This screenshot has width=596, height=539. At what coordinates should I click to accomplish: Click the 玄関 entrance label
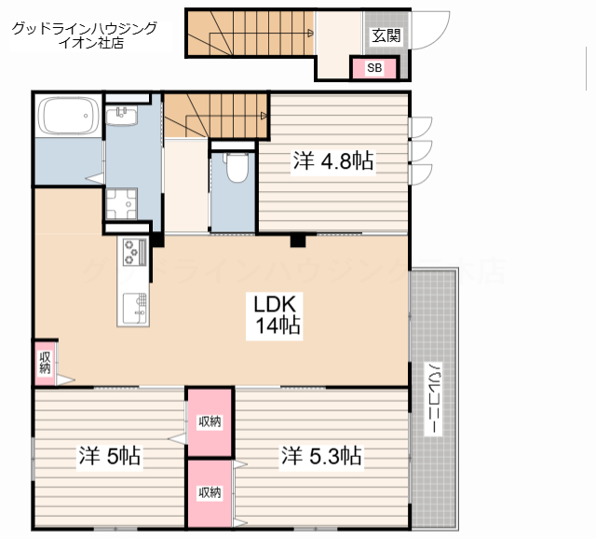[x=386, y=35]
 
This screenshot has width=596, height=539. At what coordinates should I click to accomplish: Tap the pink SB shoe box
[x=374, y=68]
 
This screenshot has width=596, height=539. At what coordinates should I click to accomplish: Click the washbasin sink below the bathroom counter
[x=121, y=116]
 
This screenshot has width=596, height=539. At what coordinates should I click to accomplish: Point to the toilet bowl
[x=237, y=168]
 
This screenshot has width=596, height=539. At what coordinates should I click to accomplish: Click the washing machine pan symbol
[x=121, y=204]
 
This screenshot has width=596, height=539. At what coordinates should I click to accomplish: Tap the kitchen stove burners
[x=134, y=252]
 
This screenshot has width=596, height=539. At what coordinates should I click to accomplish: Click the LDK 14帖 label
[x=275, y=315]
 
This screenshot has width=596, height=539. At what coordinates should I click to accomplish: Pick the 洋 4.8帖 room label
[x=333, y=160]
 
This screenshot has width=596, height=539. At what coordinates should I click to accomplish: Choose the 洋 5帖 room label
[x=110, y=455]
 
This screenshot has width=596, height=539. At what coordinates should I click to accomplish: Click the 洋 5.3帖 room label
[x=321, y=455]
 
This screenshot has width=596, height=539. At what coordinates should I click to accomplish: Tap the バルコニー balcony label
[x=433, y=398]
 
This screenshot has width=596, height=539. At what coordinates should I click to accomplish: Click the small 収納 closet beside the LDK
[x=45, y=363]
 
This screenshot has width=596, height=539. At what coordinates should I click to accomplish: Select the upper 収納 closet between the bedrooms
[x=210, y=422]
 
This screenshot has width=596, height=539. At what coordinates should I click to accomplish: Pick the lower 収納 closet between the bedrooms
[x=210, y=493]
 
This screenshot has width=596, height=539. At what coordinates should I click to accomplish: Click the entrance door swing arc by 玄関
[x=440, y=37]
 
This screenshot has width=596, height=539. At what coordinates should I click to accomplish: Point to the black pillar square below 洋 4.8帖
[x=298, y=241]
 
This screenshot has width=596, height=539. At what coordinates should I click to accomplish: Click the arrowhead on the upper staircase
[x=310, y=34]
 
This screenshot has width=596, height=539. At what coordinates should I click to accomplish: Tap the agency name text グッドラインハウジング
[x=85, y=29]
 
